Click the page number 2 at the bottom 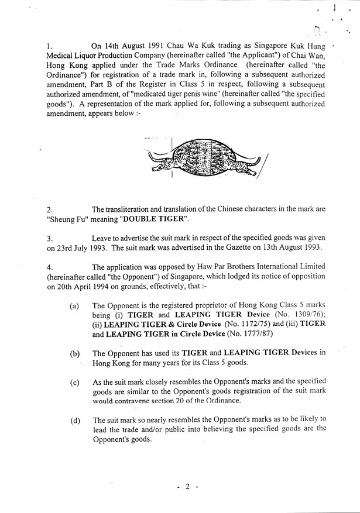pyautogui.click(x=188, y=487)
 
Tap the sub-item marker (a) pyautogui.click(x=74, y=305)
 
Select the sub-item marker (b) pyautogui.click(x=74, y=353)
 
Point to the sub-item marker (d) pyautogui.click(x=74, y=420)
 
